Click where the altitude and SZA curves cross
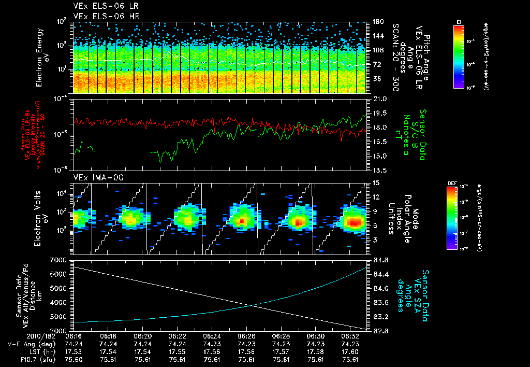pyautogui.click(x=252, y=305)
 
